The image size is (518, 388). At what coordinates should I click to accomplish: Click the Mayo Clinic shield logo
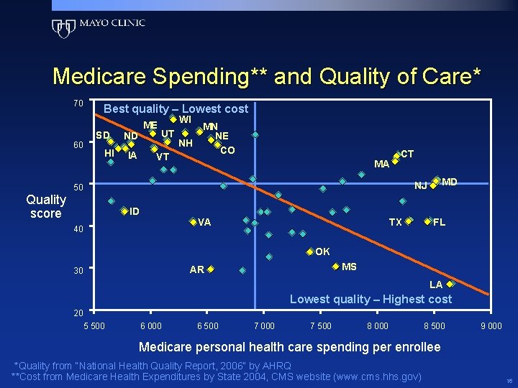point(63,27)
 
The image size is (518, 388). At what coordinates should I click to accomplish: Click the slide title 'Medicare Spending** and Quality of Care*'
point(267,76)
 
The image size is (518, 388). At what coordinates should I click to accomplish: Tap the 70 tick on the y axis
point(78,103)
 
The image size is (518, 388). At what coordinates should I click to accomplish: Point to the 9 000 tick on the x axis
point(491,326)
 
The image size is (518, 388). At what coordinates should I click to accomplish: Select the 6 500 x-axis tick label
point(208,326)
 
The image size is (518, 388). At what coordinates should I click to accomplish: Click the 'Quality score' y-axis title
point(45,207)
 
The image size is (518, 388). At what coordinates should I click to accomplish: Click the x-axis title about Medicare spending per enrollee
point(289,347)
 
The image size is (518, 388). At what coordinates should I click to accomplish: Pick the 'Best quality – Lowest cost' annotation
point(176,109)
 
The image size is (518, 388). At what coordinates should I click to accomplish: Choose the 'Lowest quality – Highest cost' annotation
point(371,299)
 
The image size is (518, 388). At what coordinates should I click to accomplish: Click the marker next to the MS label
point(335,267)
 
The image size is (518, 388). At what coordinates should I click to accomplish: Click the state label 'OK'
point(322,251)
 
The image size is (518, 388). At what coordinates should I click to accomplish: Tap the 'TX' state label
point(395,222)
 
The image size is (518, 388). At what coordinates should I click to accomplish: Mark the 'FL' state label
point(439,222)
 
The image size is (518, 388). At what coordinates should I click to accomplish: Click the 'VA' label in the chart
point(204,222)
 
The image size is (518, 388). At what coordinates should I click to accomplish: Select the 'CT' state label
point(406,154)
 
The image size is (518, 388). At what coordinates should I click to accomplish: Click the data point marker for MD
point(437,180)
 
